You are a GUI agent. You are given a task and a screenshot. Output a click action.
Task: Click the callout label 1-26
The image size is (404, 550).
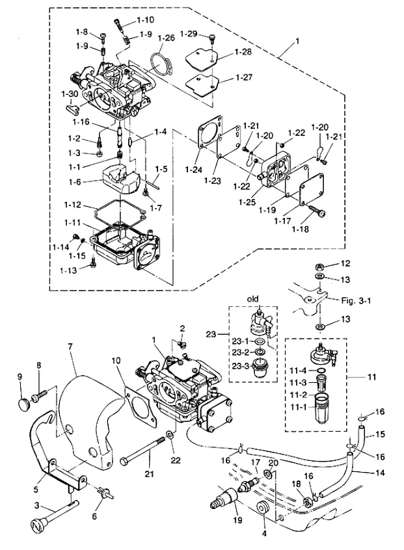[166, 38]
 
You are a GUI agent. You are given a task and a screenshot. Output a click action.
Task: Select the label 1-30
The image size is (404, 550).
[70, 94]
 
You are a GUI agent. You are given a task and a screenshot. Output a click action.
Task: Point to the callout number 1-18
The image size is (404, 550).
[300, 229]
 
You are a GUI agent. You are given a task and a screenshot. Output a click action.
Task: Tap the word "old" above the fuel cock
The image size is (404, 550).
[253, 299]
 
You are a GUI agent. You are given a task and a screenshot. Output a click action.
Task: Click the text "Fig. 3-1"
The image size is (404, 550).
[356, 301]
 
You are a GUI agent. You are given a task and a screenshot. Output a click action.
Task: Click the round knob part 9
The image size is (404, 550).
[24, 403]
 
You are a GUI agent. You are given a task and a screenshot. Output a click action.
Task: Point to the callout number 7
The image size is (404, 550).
[70, 347]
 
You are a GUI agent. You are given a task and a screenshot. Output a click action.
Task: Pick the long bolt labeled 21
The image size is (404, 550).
[143, 450]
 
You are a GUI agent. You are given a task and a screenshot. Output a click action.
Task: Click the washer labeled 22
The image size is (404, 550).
[171, 435]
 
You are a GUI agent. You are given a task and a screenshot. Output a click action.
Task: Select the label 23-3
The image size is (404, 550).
[240, 366]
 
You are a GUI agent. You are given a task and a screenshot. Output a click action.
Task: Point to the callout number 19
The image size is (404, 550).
[238, 520]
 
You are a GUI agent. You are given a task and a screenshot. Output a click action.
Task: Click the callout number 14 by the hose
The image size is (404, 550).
[380, 473]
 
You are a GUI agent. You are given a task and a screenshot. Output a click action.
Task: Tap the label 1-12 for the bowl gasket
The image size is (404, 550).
[72, 205]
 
